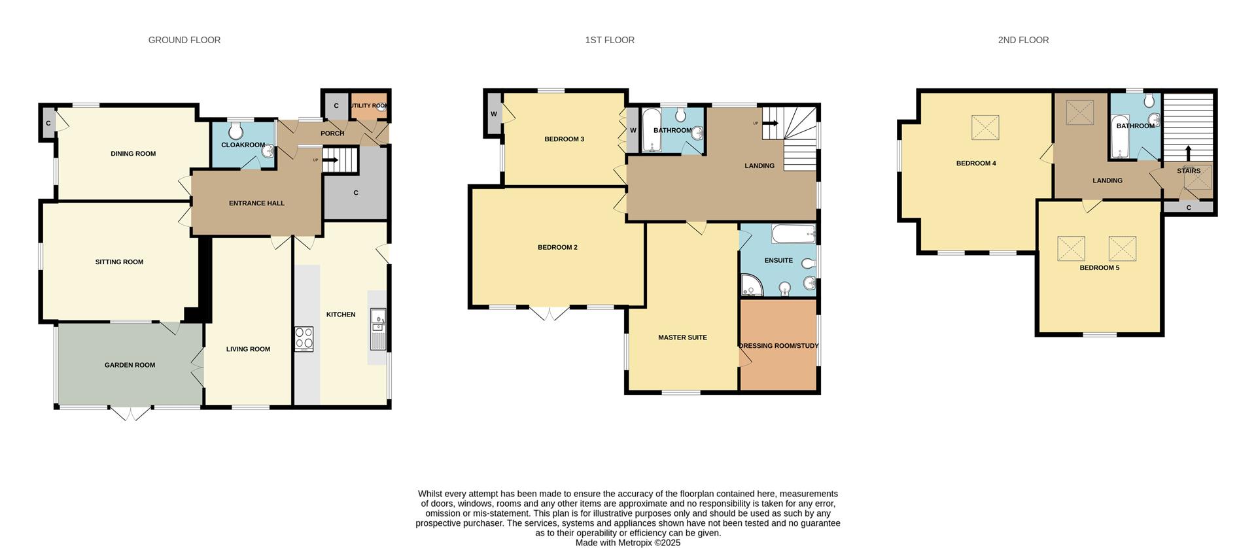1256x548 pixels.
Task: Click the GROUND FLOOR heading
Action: click(184, 40)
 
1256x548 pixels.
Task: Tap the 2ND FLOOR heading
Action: click(1023, 40)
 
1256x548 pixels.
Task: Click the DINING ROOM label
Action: click(133, 154)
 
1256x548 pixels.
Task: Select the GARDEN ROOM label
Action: click(130, 365)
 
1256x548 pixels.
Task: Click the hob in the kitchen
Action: click(304, 339)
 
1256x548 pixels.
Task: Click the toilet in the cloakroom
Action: click(235, 131)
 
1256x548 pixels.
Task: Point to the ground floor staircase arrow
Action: click(330, 160)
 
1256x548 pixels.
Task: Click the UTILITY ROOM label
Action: click(370, 105)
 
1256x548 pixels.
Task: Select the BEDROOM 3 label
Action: click(564, 139)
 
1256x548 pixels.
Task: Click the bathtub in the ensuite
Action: click(794, 233)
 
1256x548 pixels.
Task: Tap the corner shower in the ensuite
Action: click(751, 285)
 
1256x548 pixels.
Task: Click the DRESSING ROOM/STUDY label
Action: click(778, 345)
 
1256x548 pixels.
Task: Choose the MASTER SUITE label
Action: click(682, 337)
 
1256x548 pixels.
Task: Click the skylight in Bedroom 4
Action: click(985, 128)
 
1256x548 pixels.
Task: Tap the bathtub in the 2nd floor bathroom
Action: click(1119, 138)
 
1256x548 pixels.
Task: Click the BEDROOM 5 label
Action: click(1099, 267)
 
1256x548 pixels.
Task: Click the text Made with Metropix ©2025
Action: click(627, 543)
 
